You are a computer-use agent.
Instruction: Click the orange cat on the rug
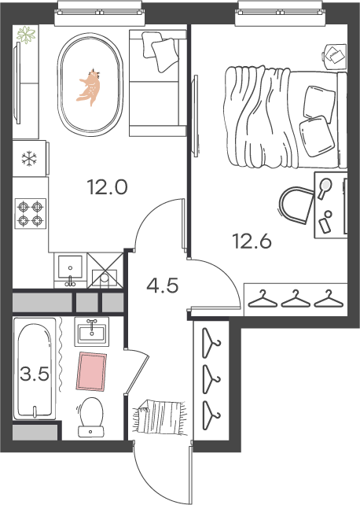pos(90,87)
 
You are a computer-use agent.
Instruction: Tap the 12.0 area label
pos(108,187)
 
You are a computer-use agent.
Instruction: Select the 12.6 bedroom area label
pos(252,241)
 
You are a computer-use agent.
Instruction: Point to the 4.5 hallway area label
pos(162,286)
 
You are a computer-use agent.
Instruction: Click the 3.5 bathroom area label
pos(35,374)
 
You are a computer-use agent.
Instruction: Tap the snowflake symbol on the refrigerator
pos(29,158)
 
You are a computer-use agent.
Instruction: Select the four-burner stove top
pos(31,213)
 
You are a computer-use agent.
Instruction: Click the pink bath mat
pos(91,371)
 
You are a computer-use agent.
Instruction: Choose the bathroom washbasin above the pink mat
pos(92,332)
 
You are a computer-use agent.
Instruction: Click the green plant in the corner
pos(26,35)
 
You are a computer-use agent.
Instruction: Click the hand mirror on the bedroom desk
pos(325,188)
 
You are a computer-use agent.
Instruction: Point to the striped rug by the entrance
pos(160,417)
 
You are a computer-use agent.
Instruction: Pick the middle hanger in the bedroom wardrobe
pos(296,299)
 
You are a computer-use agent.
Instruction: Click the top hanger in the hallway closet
pos(211,342)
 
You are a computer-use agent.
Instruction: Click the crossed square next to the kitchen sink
pos(105,270)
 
